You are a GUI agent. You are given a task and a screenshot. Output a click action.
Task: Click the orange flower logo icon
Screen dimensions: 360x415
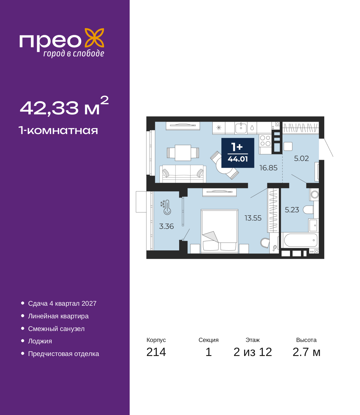(x=94, y=38)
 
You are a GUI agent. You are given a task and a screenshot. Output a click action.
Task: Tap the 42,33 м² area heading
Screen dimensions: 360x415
(x=64, y=106)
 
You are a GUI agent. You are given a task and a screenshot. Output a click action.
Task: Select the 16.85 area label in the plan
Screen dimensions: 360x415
(x=268, y=168)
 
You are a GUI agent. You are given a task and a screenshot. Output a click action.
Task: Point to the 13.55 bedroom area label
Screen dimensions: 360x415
(x=253, y=218)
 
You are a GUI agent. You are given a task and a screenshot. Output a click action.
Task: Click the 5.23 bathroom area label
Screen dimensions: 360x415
(x=292, y=210)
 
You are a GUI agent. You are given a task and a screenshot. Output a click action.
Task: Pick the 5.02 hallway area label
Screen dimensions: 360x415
(x=301, y=158)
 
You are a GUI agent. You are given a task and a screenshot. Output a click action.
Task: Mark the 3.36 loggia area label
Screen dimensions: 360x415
(x=166, y=226)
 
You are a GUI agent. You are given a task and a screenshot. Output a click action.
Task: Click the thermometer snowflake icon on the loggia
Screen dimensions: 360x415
(x=166, y=207)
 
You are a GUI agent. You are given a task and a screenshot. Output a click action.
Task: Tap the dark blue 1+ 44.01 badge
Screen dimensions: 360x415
(x=238, y=153)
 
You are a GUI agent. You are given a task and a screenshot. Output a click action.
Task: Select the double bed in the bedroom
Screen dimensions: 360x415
(x=219, y=231)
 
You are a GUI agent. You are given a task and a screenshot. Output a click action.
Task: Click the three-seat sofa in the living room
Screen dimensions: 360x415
(x=183, y=174)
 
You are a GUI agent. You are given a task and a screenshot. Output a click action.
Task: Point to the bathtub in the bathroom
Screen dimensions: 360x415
(x=300, y=240)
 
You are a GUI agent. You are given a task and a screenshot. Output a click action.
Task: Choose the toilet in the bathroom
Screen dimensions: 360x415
(x=308, y=210)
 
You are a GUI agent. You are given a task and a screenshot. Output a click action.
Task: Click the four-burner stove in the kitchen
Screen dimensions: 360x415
(x=265, y=140)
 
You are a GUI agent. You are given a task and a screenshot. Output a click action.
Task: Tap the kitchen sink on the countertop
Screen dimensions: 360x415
(x=241, y=128)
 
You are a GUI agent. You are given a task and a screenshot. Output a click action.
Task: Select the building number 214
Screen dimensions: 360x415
(x=156, y=352)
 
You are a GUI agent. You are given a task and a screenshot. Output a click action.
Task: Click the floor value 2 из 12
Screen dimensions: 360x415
(x=253, y=352)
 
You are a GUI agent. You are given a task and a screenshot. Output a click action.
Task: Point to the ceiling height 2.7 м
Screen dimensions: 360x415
(x=306, y=352)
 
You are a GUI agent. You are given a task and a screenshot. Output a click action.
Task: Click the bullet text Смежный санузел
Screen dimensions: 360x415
(x=56, y=329)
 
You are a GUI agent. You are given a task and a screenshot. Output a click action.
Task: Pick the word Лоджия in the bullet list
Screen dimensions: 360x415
(x=40, y=341)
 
